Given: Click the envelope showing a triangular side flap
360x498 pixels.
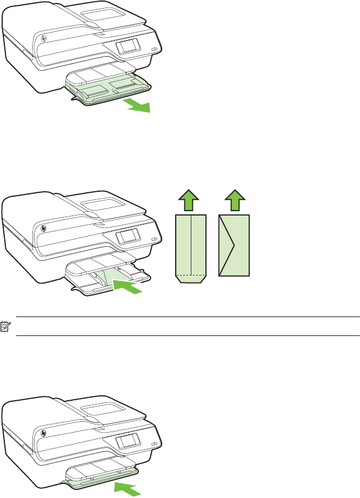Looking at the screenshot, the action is [234, 245].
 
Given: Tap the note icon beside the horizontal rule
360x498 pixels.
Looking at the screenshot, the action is [7, 326].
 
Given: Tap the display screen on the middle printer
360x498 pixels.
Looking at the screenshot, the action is [128, 234].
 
